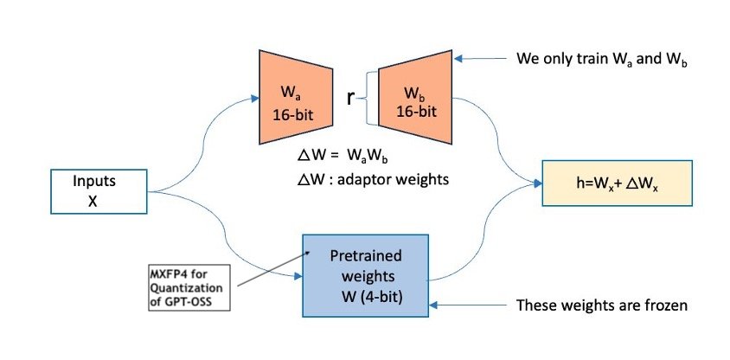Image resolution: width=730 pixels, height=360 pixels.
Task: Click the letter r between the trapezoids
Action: (350, 99)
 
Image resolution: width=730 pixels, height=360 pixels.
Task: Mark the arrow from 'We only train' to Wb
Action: (484, 60)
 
